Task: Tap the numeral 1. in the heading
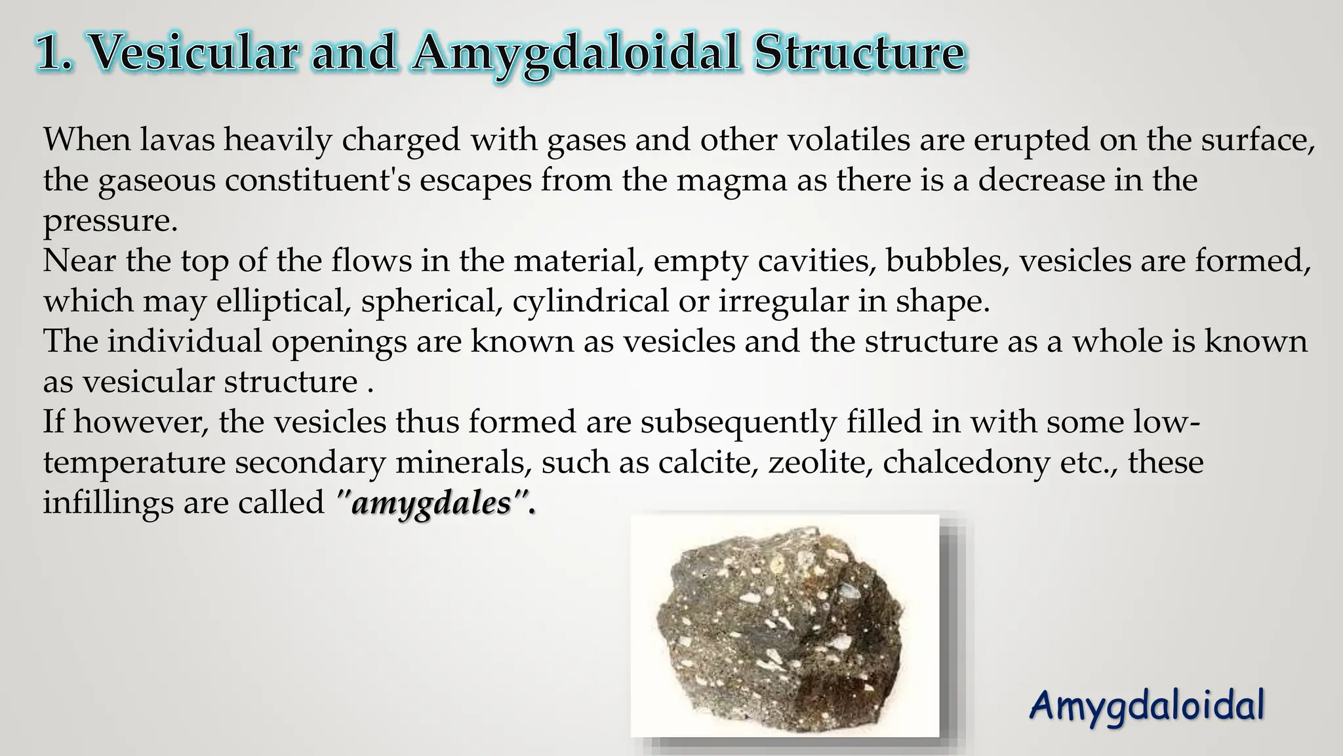click(x=56, y=52)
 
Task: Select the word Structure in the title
click(x=859, y=52)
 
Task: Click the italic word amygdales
click(x=431, y=504)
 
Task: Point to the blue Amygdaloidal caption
click(x=1146, y=706)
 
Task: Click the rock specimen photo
click(x=784, y=625)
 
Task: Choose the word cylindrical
click(x=591, y=302)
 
